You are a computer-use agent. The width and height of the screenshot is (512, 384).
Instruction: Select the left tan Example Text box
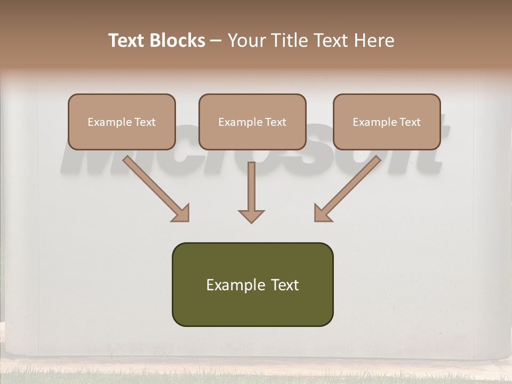pyautogui.click(x=122, y=122)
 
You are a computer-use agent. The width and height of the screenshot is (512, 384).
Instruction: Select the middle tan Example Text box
pyautogui.click(x=252, y=122)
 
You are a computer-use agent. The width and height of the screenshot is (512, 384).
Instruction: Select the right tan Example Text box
pyautogui.click(x=387, y=122)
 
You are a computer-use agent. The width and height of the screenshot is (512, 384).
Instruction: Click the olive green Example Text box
pyautogui.click(x=252, y=284)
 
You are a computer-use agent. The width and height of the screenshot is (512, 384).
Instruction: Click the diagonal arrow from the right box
pyautogui.click(x=349, y=187)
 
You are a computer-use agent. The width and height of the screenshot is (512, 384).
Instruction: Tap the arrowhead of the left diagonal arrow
pyautogui.click(x=181, y=213)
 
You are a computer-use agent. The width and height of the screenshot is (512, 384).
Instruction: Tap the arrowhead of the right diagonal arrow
pyautogui.click(x=322, y=213)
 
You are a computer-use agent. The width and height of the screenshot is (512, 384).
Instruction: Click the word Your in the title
pyautogui.click(x=244, y=41)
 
